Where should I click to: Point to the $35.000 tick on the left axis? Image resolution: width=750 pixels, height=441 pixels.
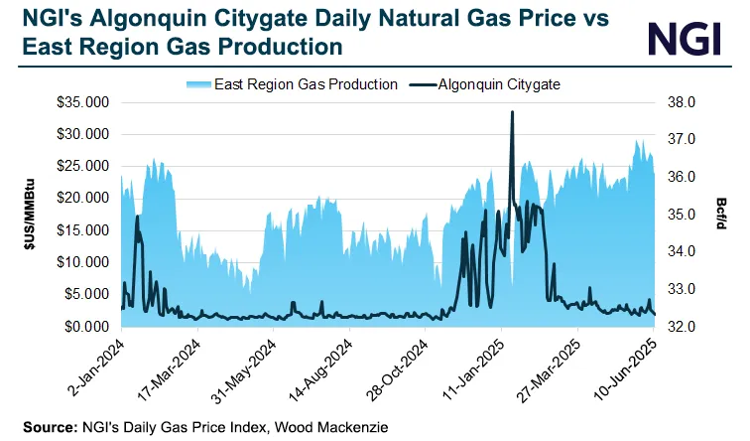[86, 102]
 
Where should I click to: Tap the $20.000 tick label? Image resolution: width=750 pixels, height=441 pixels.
[86, 199]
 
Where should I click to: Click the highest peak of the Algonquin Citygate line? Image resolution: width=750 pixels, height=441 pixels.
[512, 112]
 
